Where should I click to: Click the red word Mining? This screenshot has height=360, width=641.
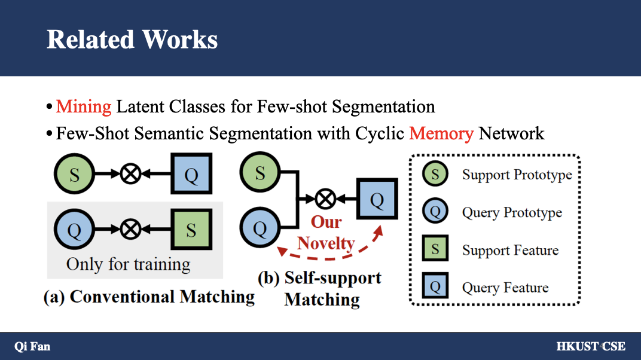[x=84, y=107]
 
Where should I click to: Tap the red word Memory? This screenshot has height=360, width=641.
[x=441, y=133]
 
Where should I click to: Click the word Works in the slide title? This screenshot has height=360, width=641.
[x=180, y=39]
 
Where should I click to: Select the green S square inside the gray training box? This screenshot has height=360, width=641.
[x=191, y=230]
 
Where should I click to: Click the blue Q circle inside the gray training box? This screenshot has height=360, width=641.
[x=75, y=230]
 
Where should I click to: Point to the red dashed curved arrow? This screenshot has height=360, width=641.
[x=328, y=254]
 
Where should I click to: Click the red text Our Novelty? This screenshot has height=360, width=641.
[x=326, y=233]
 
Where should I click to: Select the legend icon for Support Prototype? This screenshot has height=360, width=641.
[x=435, y=175]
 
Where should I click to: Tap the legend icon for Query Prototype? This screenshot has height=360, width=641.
[x=435, y=212]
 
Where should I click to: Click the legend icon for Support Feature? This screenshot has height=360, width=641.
[x=435, y=249]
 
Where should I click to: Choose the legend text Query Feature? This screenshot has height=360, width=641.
[x=505, y=288]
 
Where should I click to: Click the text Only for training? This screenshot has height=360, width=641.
[x=128, y=264]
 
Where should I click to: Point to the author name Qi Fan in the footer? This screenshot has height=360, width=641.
[x=32, y=346]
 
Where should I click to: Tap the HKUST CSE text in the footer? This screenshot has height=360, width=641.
[x=590, y=346]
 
